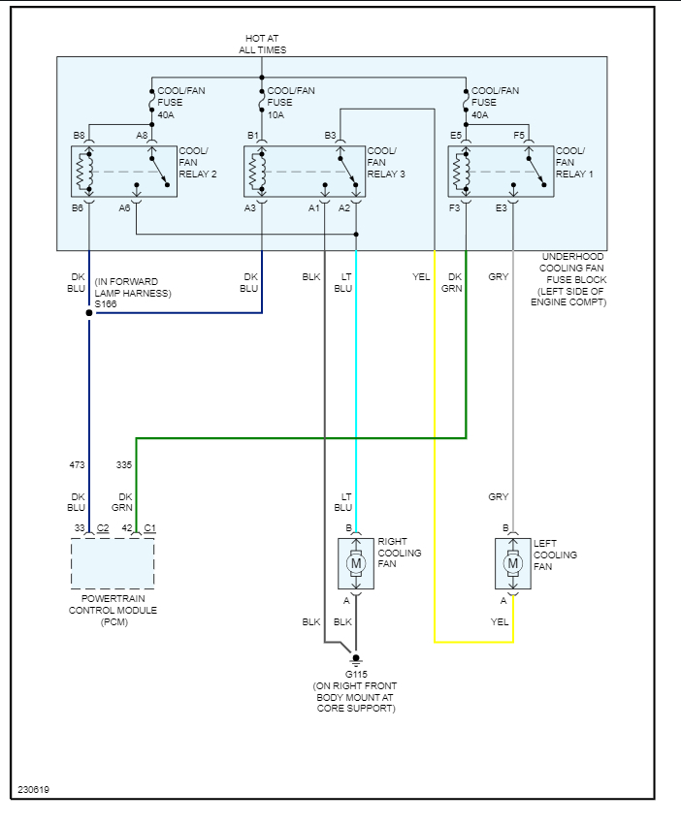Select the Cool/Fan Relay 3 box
[305, 172]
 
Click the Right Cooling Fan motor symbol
[356, 563]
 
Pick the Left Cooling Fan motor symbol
[513, 563]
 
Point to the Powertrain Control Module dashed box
[113, 564]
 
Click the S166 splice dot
[89, 313]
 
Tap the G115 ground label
[356, 674]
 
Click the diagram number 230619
[32, 789]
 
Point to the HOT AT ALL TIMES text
[263, 44]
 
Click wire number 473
[77, 465]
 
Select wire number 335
[124, 465]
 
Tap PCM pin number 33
[80, 528]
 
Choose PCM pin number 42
[127, 528]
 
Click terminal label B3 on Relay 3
[330, 136]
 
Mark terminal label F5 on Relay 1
[519, 136]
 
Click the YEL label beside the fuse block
[421, 277]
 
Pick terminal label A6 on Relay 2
[125, 207]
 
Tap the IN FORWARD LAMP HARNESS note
[134, 287]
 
